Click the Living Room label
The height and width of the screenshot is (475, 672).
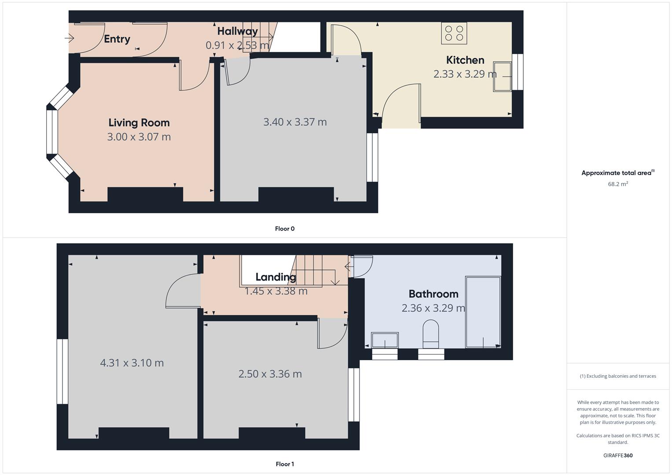pos(139,123)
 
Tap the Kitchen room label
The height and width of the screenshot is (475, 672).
pos(465,60)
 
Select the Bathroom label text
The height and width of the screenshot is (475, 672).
pos(433,294)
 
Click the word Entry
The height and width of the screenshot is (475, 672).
pos(117,39)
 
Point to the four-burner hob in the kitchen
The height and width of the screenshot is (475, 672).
pos(454,33)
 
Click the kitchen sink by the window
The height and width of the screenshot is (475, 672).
pos(502,77)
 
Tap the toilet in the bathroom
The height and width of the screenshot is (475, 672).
pos(431,332)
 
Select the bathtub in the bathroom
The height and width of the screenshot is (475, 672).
pos(483,312)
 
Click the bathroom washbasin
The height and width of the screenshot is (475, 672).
pos(385,340)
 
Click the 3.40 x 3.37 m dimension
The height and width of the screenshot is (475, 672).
pos(295,122)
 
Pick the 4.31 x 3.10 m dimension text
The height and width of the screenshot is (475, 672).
pos(132,363)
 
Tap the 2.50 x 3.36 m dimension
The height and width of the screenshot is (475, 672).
pos(270,374)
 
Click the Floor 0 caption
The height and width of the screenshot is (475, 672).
pos(285,229)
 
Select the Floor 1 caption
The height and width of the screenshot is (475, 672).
pos(285,464)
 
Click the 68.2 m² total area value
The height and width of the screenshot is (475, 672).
pos(617,184)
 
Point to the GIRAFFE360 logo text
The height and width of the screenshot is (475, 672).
pos(617,456)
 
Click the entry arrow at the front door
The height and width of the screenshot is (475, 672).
pos(70,38)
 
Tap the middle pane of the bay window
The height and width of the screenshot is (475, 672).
pos(52,132)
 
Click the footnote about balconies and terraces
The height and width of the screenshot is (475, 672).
pos(617,376)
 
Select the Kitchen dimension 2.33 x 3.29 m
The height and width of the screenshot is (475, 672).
pos(465,74)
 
